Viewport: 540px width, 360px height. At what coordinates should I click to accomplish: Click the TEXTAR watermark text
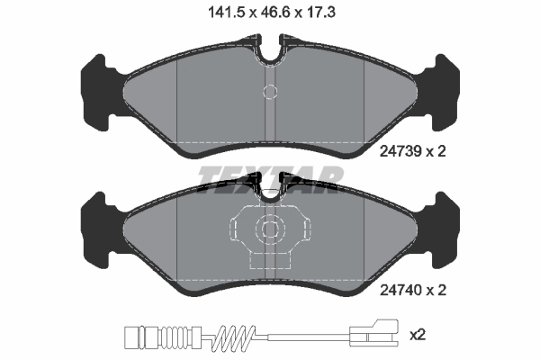(270, 180)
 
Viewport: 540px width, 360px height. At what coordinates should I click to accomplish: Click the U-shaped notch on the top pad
(270, 51)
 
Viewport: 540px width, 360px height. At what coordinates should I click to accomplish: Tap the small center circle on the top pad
(269, 92)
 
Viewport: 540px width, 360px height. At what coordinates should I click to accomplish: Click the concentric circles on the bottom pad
(269, 229)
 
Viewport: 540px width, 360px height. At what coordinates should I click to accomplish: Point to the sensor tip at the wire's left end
(130, 339)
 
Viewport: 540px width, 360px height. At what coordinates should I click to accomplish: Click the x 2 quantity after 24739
(436, 152)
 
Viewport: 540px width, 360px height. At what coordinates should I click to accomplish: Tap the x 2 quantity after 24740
(436, 290)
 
